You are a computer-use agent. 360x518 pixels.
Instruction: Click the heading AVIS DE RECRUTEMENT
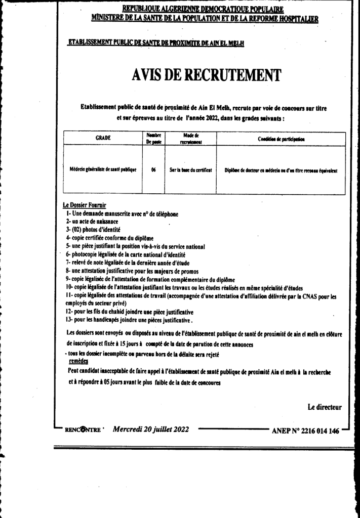pos(206,76)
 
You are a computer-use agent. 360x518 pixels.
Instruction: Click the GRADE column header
pos(103,138)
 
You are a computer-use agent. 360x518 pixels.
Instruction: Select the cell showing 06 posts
pos(153,170)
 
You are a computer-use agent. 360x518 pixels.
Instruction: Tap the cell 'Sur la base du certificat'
pos(190,170)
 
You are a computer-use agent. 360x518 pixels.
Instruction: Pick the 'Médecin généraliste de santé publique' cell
pos(103,170)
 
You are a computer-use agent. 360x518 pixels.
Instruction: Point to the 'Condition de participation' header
pos(281,138)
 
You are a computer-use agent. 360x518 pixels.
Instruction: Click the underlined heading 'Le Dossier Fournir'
pos(85,205)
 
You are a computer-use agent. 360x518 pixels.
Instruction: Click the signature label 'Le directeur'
pos(324,406)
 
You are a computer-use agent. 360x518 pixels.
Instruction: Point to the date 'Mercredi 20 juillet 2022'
pos(151,429)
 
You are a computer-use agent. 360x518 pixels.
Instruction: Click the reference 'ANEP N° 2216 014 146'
pos(305,431)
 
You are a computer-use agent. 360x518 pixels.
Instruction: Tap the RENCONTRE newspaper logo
pos(83,430)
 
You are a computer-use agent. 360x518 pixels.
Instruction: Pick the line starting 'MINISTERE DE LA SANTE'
pos(205,18)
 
